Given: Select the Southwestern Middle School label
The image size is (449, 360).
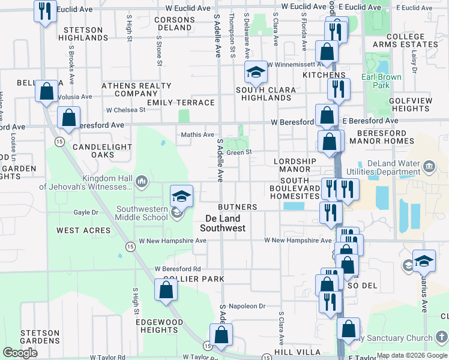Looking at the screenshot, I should coord(142,213).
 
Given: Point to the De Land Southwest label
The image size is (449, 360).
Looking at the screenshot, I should coord(222,223).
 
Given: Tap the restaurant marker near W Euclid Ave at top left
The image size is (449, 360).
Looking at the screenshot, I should coord(45,12).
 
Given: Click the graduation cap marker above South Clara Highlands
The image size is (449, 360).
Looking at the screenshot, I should coord(256,74).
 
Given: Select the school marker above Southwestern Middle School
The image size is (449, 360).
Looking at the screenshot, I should coord(181,196).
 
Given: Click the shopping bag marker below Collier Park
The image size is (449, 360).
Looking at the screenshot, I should coord(166,290).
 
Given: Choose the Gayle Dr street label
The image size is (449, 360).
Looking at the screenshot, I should coord(85,212).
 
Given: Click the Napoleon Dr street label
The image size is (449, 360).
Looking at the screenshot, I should coord(247,306).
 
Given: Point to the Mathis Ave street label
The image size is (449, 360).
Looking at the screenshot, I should coord(197,135).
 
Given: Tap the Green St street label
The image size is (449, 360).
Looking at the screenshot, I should coord(239,152).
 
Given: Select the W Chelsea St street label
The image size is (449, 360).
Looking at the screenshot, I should coord(125,110).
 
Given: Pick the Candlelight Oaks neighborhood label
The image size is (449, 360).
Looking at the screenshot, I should coord(94,151).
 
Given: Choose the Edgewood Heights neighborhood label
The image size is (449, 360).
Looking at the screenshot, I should coord(159,326).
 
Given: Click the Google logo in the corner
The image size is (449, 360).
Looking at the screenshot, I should coord(20,353).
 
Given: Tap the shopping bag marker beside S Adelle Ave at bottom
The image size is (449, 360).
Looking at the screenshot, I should coord(221,335).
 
